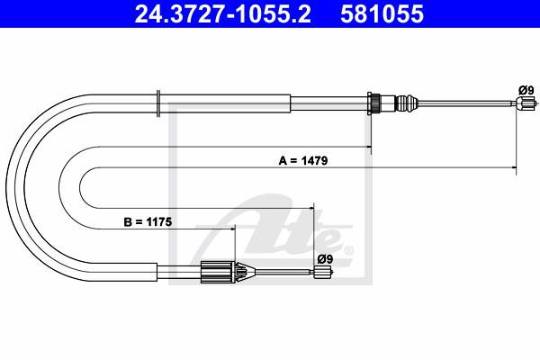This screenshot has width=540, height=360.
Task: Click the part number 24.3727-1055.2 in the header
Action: [x=223, y=14]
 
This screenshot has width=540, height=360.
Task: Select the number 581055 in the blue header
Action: [x=382, y=14]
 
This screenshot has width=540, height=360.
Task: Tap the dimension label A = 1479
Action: [x=303, y=160]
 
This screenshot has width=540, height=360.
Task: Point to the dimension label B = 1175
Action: [x=148, y=222]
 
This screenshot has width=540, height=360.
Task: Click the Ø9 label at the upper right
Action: [x=526, y=90]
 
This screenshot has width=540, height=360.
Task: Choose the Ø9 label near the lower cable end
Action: [x=325, y=258]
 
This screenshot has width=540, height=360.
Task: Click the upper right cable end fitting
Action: [x=526, y=103]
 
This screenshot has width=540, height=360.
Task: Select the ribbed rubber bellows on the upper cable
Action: [x=407, y=103]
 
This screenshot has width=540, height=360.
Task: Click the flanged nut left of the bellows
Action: [x=374, y=103]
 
